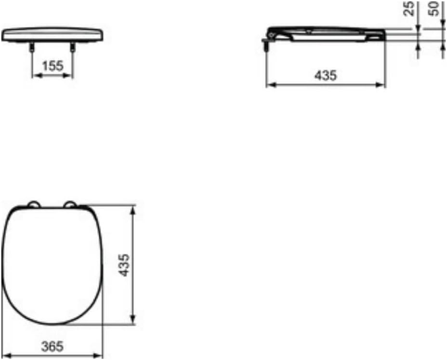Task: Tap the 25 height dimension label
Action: pyautogui.click(x=410, y=8)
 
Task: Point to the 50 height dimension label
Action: pyautogui.click(x=436, y=8)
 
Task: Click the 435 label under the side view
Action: pyautogui.click(x=326, y=76)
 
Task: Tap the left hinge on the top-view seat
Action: pyautogui.click(x=34, y=204)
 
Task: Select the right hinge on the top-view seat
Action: pyautogui.click(x=71, y=204)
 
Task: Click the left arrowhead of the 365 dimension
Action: pyautogui.click(x=7, y=357)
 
